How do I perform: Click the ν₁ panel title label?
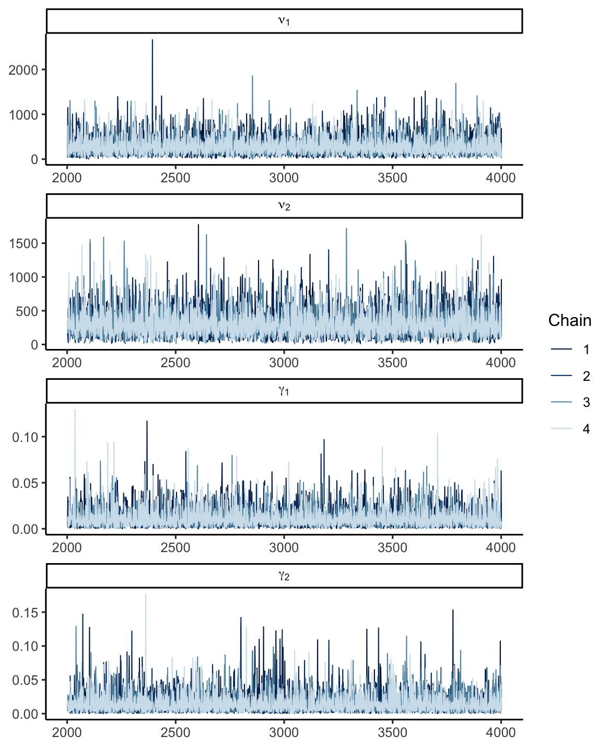(284, 21)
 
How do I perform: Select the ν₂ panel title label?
(284, 206)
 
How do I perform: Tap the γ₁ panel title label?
(284, 391)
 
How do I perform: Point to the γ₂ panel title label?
(284, 576)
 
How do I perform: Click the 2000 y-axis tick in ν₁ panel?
(24, 70)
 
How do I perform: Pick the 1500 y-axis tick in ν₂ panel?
(24, 244)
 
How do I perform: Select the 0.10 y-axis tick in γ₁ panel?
(25, 437)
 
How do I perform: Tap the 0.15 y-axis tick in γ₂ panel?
(25, 613)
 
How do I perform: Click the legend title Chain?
(570, 321)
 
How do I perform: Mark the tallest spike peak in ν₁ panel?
(153, 40)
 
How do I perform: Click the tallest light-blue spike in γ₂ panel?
(146, 595)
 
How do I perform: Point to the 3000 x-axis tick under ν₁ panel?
(284, 178)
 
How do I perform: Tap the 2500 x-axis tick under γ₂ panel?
(175, 733)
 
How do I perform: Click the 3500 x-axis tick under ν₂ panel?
(392, 363)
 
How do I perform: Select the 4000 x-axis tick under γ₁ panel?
(501, 548)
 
